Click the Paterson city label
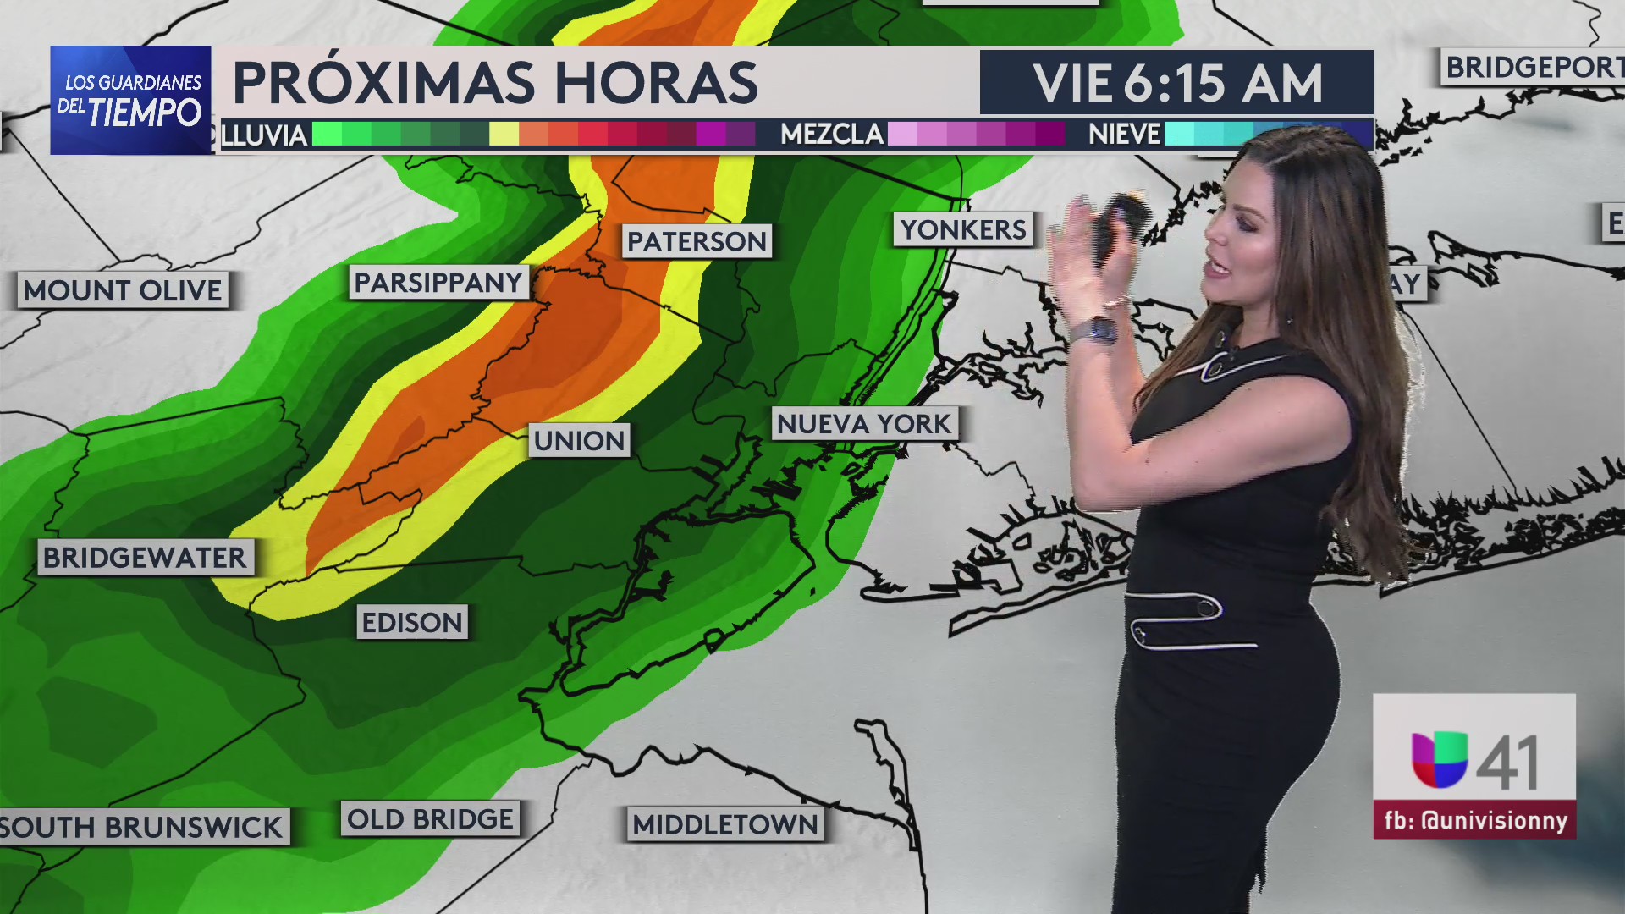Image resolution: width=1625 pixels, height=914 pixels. [697, 242]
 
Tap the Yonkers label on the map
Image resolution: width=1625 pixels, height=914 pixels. [963, 229]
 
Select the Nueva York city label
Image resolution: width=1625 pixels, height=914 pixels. [864, 424]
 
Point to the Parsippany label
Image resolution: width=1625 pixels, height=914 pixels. [438, 283]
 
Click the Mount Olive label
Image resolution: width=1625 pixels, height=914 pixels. [123, 291]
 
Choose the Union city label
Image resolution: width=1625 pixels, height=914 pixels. [580, 441]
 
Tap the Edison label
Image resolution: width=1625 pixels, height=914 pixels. [412, 623]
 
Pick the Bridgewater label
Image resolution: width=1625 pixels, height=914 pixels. [145, 558]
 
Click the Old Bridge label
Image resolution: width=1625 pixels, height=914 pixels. [430, 819]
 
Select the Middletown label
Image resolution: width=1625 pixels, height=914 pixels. [725, 824]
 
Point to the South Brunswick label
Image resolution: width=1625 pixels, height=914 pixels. [142, 827]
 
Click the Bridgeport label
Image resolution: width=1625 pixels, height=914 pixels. [1532, 68]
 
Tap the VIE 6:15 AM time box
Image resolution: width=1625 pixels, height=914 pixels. [1176, 83]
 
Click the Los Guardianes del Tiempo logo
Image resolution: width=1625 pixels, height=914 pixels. [131, 100]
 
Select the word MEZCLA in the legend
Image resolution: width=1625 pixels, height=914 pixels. [832, 135]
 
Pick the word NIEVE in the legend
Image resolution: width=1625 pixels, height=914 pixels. [1124, 135]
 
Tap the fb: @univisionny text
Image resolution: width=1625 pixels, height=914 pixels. [1475, 820]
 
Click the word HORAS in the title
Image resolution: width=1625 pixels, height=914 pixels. [656, 83]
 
